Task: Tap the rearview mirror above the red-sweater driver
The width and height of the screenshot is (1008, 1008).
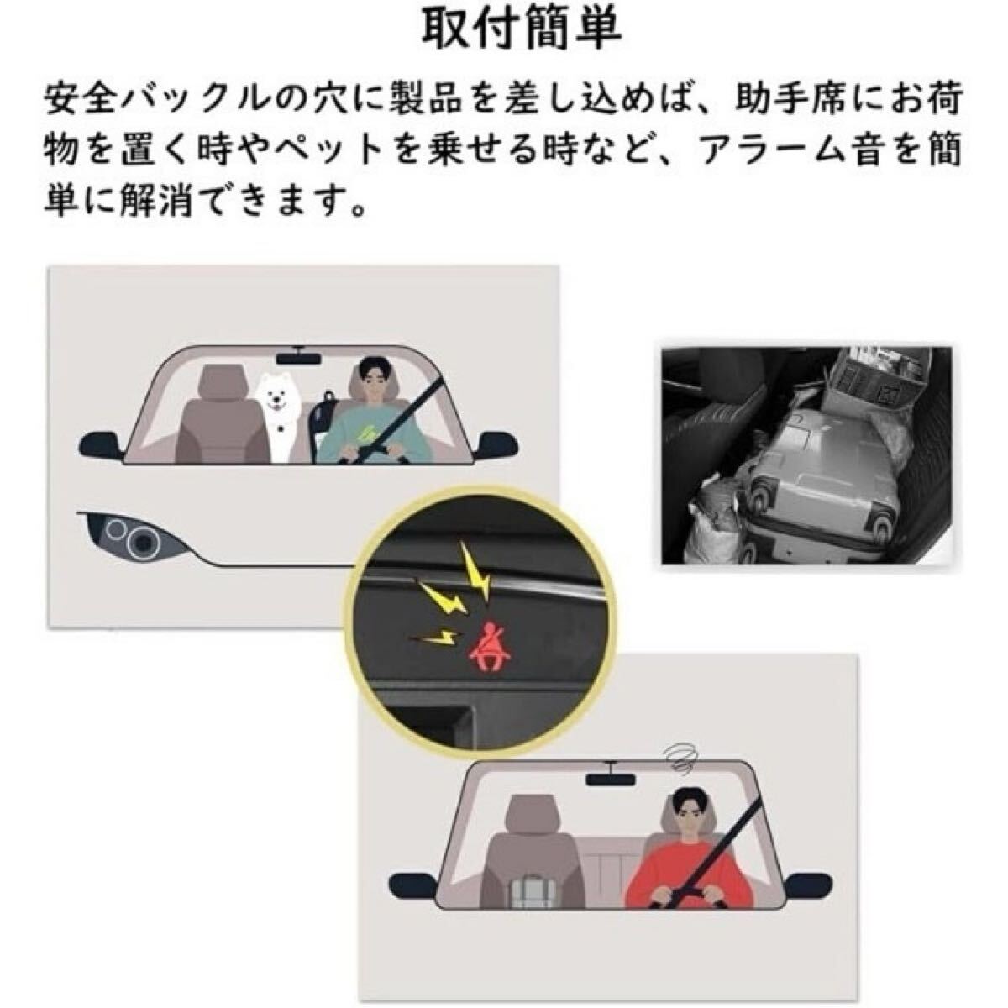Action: point(612,776)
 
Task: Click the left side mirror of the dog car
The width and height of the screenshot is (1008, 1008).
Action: point(101,443)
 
